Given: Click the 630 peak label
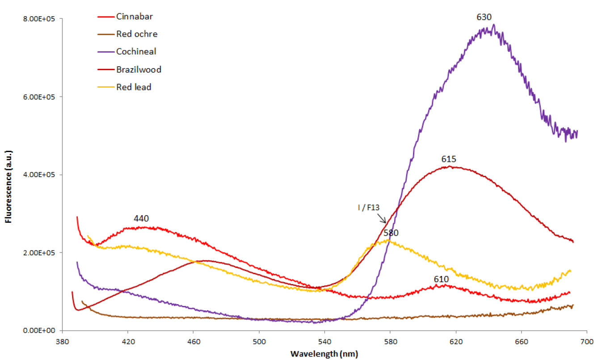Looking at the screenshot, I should coord(484,17).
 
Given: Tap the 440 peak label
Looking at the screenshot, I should coord(141,219).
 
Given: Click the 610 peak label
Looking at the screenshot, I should coord(442,279).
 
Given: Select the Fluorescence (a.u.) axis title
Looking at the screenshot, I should coord(8,174).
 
